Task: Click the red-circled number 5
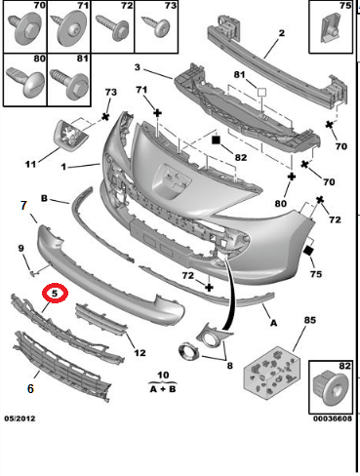tap(55, 293)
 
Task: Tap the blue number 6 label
tap(30, 388)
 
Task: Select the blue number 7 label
tap(23, 205)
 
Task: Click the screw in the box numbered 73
tap(156, 26)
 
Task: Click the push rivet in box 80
tap(25, 81)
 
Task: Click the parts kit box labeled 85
tap(272, 372)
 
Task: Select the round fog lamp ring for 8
tap(189, 352)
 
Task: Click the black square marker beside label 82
tap(216, 139)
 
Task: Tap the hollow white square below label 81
tap(261, 92)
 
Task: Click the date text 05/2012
tap(20, 418)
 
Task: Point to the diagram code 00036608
tap(333, 418)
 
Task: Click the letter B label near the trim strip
tap(44, 198)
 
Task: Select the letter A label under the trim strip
tap(273, 323)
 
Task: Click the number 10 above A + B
tap(163, 375)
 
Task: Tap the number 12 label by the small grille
tap(140, 353)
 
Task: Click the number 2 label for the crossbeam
tap(281, 33)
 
